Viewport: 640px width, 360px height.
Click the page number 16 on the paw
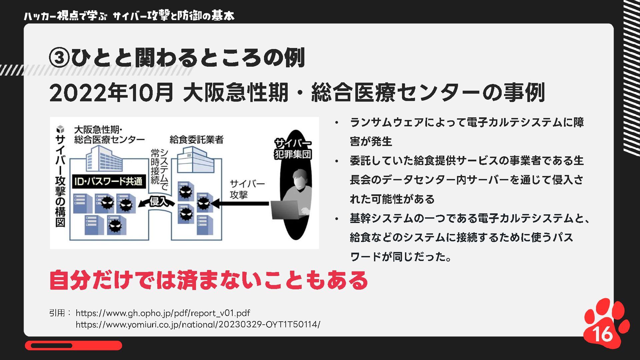click(x=603, y=333)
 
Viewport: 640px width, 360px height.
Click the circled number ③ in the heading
click(x=59, y=58)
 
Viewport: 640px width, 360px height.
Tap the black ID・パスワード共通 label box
click(x=108, y=182)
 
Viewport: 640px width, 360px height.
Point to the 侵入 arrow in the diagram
click(x=157, y=202)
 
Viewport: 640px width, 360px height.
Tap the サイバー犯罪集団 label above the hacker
click(x=293, y=149)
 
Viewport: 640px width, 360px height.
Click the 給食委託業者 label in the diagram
click(x=196, y=140)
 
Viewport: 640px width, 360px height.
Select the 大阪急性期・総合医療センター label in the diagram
click(x=109, y=135)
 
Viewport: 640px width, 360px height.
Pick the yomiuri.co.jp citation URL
click(x=198, y=324)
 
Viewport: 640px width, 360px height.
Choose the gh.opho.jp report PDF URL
click(x=163, y=313)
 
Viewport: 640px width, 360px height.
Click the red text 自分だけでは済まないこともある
click(x=209, y=280)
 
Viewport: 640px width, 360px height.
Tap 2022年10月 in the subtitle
click(x=111, y=93)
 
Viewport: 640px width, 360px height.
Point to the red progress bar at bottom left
click(x=73, y=346)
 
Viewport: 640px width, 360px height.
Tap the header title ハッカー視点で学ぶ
click(x=65, y=16)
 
